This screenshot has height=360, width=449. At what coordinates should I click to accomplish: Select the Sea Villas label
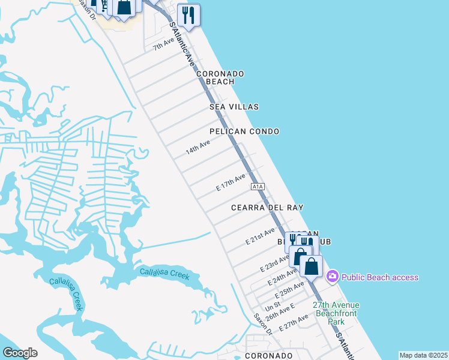pyautogui.click(x=234, y=107)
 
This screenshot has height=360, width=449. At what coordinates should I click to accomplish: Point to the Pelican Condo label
pyautogui.click(x=244, y=131)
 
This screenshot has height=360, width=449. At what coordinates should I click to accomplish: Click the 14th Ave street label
pyautogui.click(x=197, y=147)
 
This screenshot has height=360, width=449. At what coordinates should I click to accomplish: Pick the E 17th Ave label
pyautogui.click(x=231, y=182)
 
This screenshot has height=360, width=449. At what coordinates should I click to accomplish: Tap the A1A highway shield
pyautogui.click(x=258, y=187)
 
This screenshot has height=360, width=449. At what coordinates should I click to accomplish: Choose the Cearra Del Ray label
pyautogui.click(x=267, y=208)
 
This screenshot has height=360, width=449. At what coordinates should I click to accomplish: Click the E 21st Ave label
pyautogui.click(x=261, y=236)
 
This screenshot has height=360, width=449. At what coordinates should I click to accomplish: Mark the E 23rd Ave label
pyautogui.click(x=275, y=262)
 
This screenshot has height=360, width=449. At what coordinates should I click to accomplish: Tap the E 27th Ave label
pyautogui.click(x=298, y=323)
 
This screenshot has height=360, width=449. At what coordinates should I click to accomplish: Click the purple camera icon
pyautogui.click(x=332, y=277)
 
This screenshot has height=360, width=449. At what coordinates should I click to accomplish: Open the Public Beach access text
pyautogui.click(x=380, y=277)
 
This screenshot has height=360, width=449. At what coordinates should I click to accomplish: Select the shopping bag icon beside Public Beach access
pyautogui.click(x=312, y=266)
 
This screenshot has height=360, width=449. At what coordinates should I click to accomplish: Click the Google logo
pyautogui.click(x=20, y=353)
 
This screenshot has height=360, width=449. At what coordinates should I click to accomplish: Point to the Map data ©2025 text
pyautogui.click(x=423, y=355)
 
